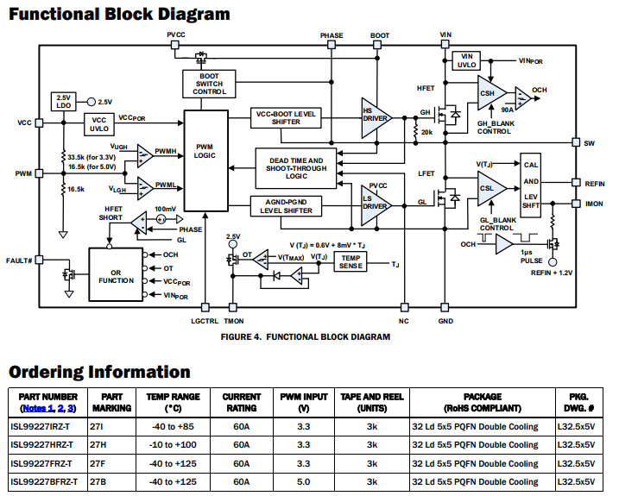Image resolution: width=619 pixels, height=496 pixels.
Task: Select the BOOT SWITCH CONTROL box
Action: click(204, 85)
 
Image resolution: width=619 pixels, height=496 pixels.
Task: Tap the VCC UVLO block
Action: click(99, 123)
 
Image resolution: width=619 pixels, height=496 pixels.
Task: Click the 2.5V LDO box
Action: click(63, 101)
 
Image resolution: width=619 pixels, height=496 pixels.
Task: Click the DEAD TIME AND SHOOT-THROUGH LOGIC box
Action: click(296, 166)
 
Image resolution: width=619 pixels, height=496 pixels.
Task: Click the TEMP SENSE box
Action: click(351, 262)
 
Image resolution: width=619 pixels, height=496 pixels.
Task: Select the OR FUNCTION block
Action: click(116, 275)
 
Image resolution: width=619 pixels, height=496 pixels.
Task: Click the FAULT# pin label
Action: click(18, 261)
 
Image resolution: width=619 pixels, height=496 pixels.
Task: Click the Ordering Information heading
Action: click(99, 372)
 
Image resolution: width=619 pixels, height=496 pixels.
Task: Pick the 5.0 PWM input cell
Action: click(303, 481)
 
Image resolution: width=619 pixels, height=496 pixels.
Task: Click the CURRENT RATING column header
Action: click(242, 402)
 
